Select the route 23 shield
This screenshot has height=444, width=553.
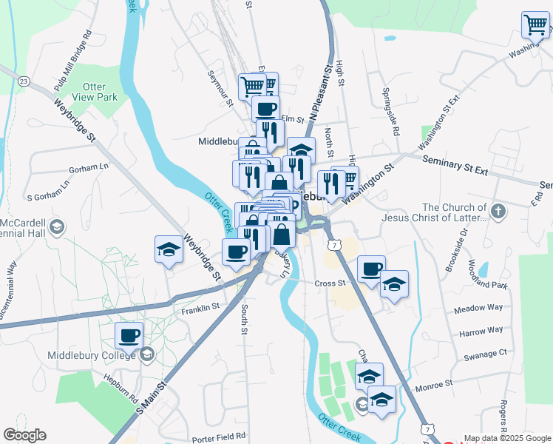click(x=24, y=81)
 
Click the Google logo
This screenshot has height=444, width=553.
click(x=24, y=435)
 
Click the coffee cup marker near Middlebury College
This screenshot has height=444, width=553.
click(x=129, y=336)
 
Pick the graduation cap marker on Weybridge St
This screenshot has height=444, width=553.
click(x=169, y=249)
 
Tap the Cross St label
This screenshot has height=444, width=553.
click(x=330, y=283)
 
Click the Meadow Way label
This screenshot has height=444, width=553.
click(x=478, y=307)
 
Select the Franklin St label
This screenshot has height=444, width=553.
click(x=200, y=307)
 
